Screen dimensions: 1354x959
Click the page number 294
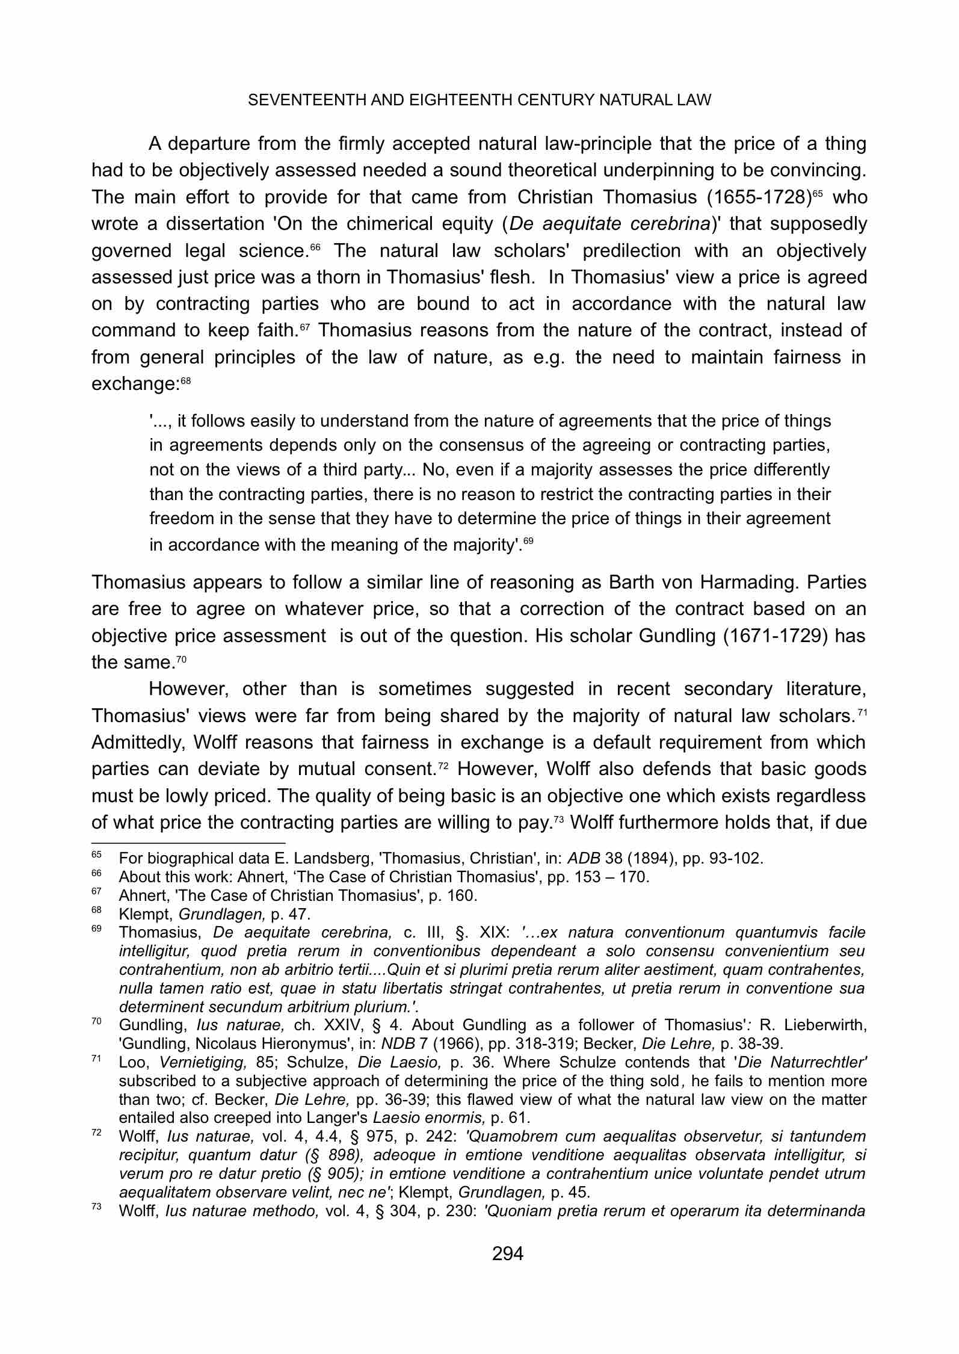(x=508, y=1254)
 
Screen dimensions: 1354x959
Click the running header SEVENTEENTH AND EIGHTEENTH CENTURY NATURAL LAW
(x=479, y=100)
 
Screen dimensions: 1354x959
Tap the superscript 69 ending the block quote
(x=528, y=541)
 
